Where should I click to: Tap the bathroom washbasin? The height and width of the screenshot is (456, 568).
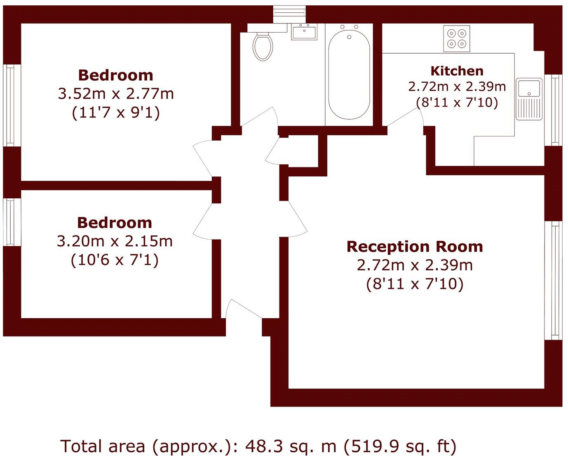pos(304,32)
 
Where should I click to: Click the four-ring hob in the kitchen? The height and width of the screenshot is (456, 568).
pos(457,38)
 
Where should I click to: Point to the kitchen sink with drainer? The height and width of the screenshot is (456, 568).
pos(530,99)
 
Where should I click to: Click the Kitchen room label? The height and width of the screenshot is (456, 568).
pos(457,71)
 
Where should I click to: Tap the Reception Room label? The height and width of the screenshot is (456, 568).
pos(414,247)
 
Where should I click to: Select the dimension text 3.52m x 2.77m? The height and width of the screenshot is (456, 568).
pos(116,94)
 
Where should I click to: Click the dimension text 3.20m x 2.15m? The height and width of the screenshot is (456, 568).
pos(115,241)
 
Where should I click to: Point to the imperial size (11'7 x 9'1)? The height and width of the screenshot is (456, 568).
pos(116,113)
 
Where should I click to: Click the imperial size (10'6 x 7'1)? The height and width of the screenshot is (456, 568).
pos(115,260)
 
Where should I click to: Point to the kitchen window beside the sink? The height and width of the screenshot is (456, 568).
pos(554,110)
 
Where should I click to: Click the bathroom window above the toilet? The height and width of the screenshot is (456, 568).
pos(290,12)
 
